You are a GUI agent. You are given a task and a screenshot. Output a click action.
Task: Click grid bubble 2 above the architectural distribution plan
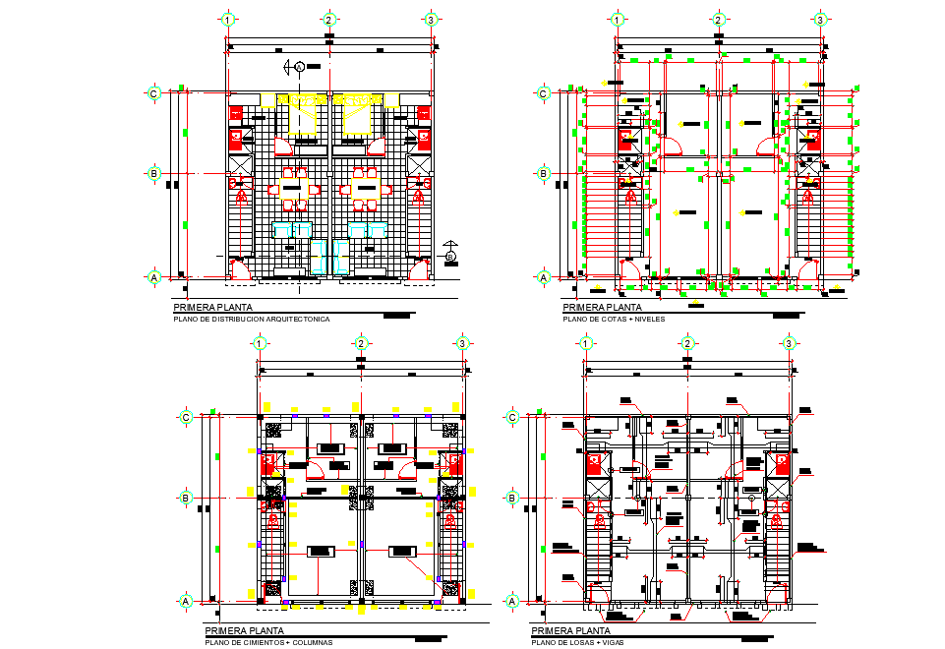coord(329,19)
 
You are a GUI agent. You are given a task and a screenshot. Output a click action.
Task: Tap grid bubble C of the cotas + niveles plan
coord(544,93)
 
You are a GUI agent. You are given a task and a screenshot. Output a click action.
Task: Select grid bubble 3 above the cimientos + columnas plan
coord(463,343)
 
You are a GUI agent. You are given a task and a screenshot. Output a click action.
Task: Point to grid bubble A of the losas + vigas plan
coord(512,600)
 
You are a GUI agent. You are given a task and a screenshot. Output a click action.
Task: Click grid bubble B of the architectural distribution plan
coord(154,173)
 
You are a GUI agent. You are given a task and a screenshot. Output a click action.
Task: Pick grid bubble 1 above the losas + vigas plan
coord(586,343)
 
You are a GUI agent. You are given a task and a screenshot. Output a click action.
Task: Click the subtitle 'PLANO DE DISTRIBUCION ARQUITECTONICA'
coord(252,320)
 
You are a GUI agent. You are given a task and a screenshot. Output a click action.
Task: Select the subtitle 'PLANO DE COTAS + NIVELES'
coord(614,320)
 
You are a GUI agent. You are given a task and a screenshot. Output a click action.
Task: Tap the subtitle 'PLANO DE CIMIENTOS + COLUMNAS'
coord(268,643)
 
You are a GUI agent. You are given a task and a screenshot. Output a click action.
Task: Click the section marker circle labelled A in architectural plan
coord(299,66)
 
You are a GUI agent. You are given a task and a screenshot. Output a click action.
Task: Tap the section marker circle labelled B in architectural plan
coord(450,258)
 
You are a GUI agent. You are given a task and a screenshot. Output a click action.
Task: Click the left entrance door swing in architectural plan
coord(239,268)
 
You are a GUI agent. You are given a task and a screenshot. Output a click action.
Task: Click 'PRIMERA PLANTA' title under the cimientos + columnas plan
coord(245,631)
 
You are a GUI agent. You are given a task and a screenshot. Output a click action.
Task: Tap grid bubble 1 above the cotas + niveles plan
coord(618,19)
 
